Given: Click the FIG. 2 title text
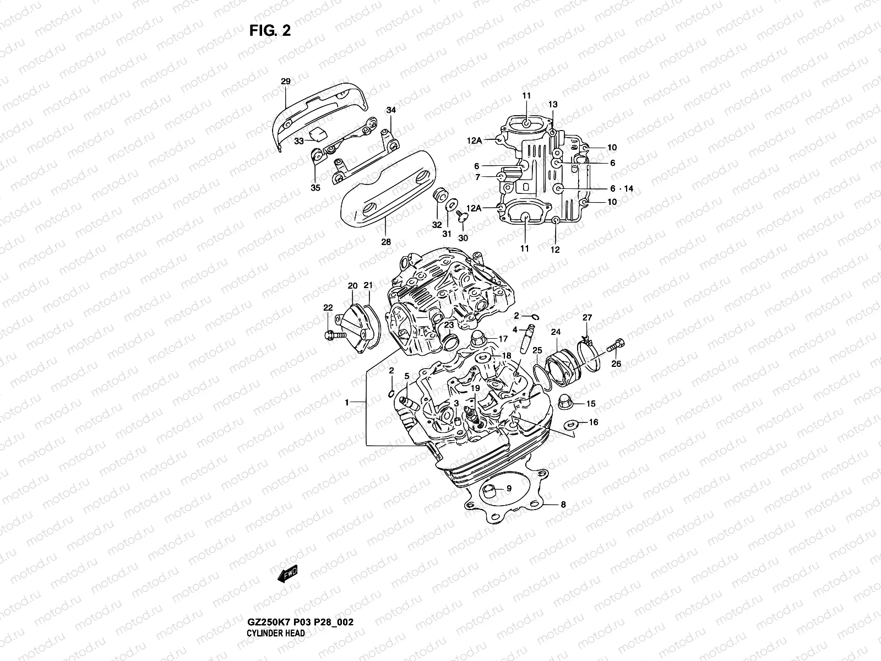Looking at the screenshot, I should pyautogui.click(x=270, y=31).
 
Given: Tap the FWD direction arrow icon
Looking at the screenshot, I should pyautogui.click(x=287, y=575).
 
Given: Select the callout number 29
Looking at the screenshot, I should pyautogui.click(x=285, y=82).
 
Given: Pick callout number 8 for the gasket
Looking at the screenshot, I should pyautogui.click(x=563, y=504).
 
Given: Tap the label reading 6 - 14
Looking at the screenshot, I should pyautogui.click(x=621, y=188).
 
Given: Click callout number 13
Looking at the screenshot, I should pyautogui.click(x=553, y=105).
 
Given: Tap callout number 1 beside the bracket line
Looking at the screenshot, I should pyautogui.click(x=347, y=403).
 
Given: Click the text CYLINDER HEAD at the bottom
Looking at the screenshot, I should pyautogui.click(x=275, y=603).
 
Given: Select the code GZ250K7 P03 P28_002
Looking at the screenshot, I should pyautogui.click(x=300, y=592).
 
